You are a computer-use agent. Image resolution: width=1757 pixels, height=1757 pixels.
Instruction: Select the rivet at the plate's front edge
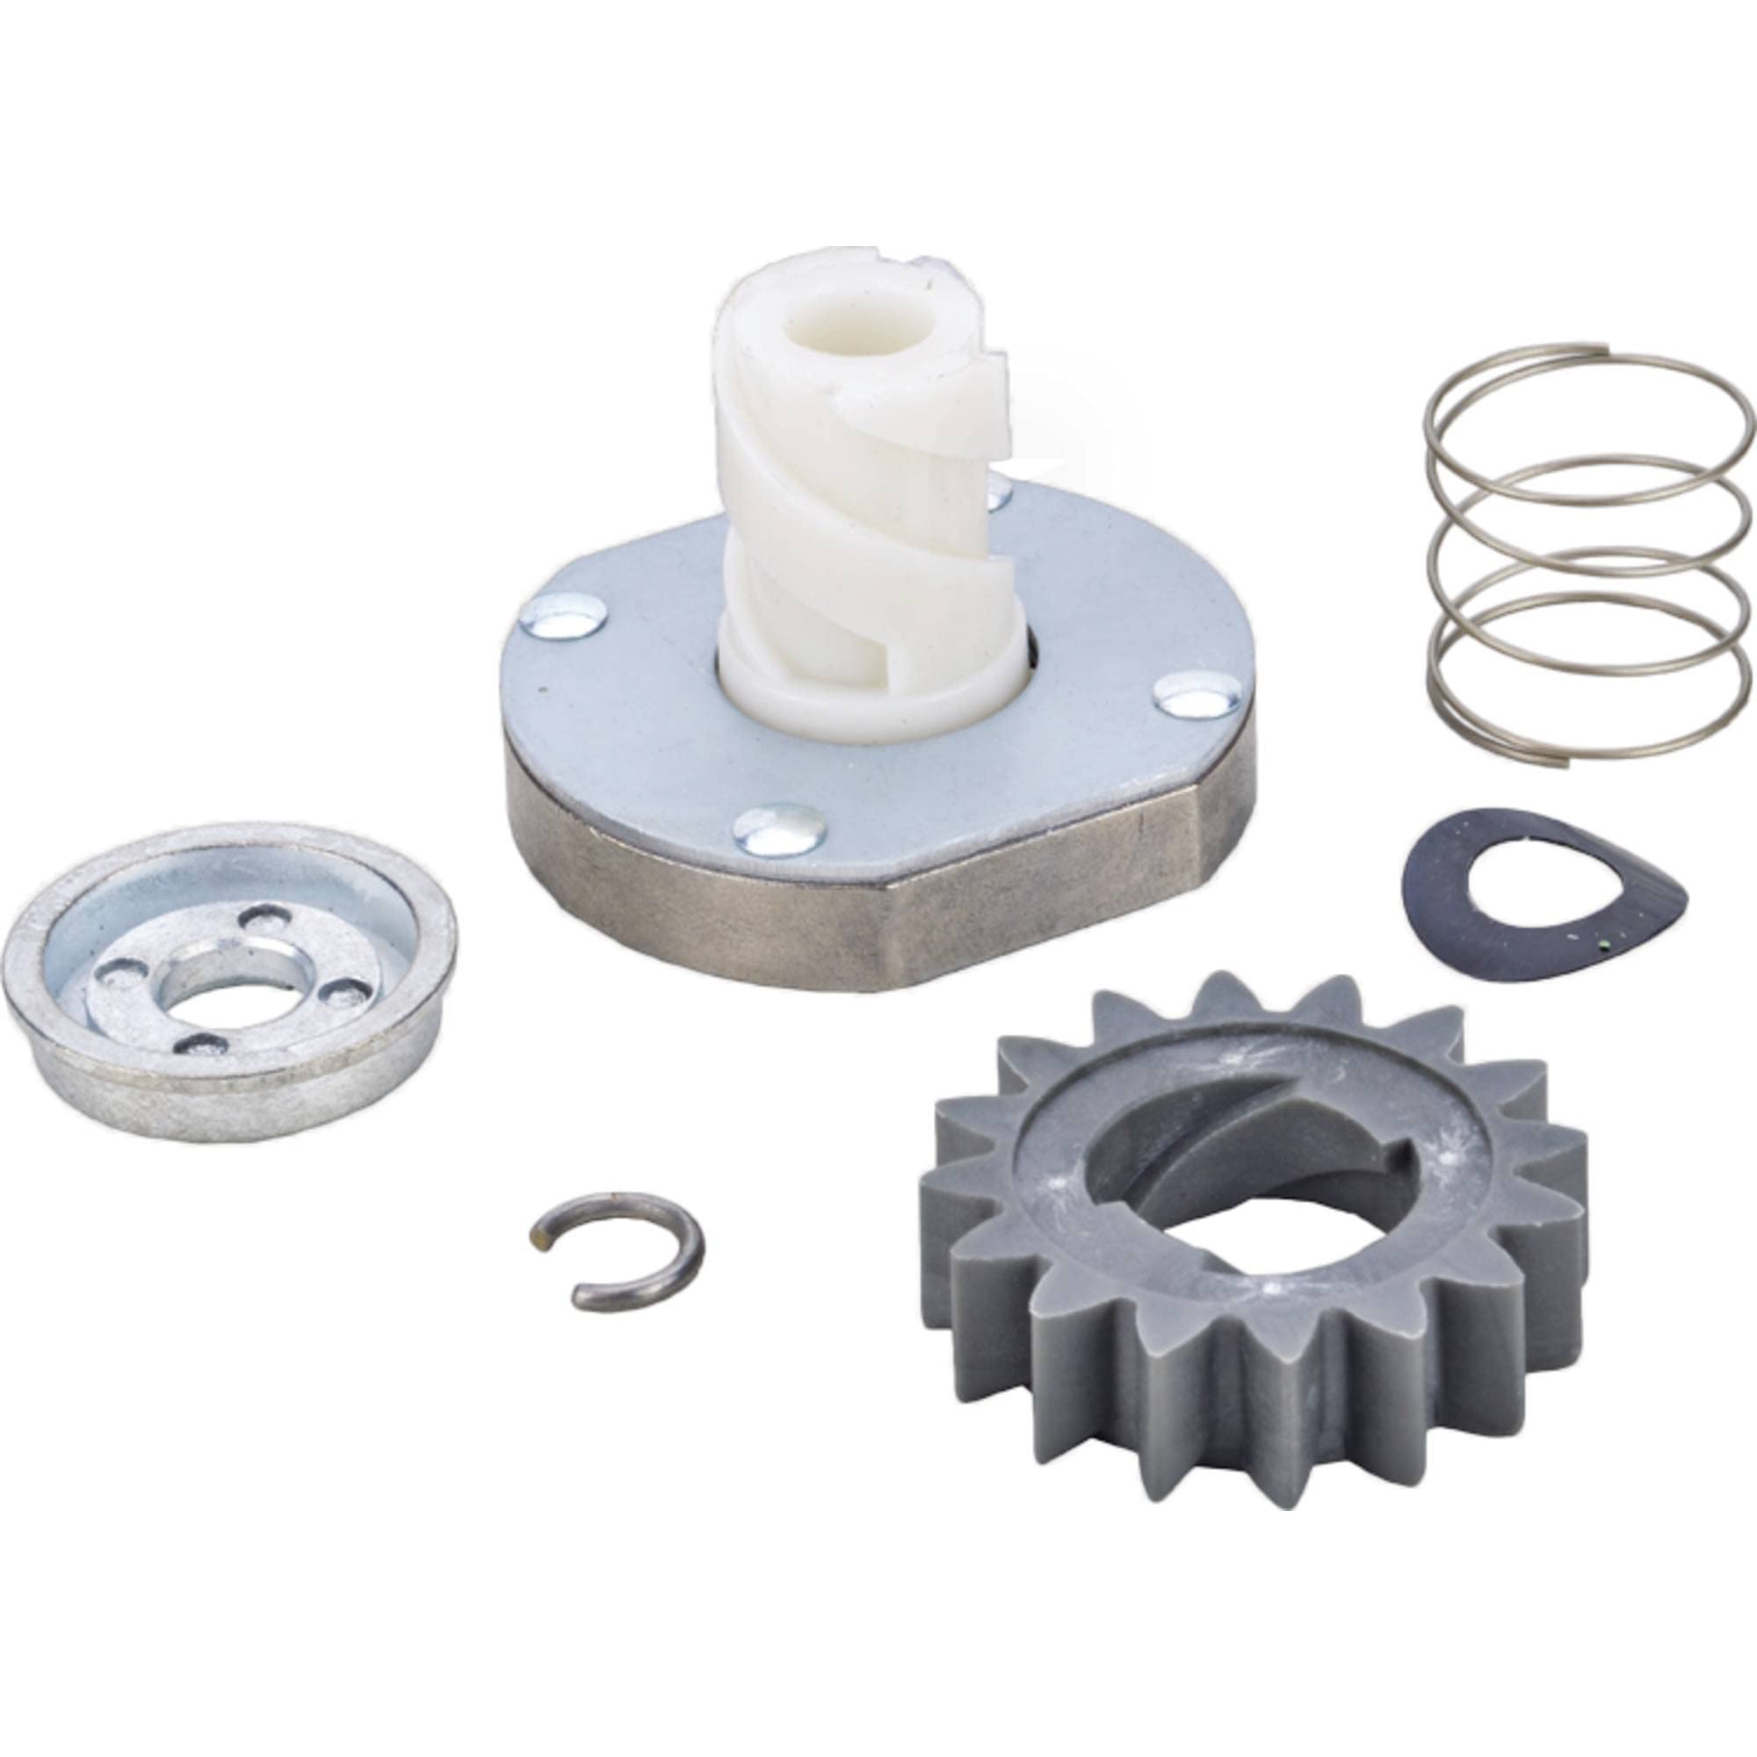tap(779, 828)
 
